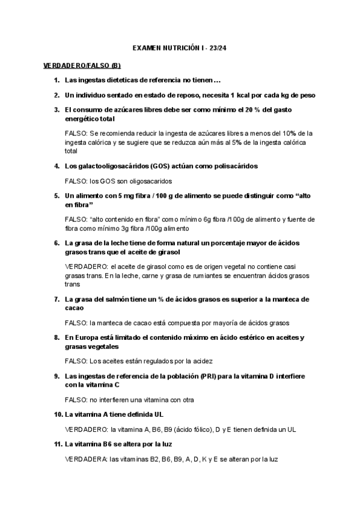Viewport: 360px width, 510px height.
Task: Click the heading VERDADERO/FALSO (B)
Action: [82, 65]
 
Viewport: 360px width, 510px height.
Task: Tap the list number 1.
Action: [56, 80]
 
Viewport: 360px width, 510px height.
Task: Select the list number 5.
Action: [56, 196]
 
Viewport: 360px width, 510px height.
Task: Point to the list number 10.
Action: [58, 414]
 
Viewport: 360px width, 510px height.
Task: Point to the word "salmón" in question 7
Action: [120, 298]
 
